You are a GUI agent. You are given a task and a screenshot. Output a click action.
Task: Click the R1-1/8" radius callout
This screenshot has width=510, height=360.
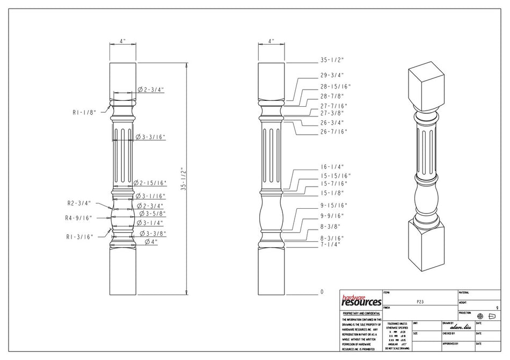84,113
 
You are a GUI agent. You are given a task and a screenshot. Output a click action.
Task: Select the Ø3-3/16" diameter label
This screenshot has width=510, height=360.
151,137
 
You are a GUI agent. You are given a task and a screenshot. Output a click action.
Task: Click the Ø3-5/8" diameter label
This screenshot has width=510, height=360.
152,214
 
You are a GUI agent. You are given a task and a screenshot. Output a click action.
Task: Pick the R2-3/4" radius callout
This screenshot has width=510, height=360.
79,203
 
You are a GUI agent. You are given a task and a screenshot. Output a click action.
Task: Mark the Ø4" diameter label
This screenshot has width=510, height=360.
152,242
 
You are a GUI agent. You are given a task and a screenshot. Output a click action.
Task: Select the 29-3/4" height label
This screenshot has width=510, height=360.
332,76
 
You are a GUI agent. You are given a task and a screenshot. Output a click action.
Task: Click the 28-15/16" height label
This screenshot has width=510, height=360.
335,86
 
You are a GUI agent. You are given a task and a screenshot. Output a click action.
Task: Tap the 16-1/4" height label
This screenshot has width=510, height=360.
332,167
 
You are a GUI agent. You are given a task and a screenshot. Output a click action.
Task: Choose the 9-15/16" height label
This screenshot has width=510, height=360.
334,205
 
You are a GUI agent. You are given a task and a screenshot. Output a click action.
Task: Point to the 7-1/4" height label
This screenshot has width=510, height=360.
331,244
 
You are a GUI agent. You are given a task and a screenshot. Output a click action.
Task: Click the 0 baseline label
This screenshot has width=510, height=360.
322,292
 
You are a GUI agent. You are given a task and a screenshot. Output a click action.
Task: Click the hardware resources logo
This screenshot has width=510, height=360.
361,300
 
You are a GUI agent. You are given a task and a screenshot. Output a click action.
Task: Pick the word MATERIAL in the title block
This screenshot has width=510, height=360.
464,292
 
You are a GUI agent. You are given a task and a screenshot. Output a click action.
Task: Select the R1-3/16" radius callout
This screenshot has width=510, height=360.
80,236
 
